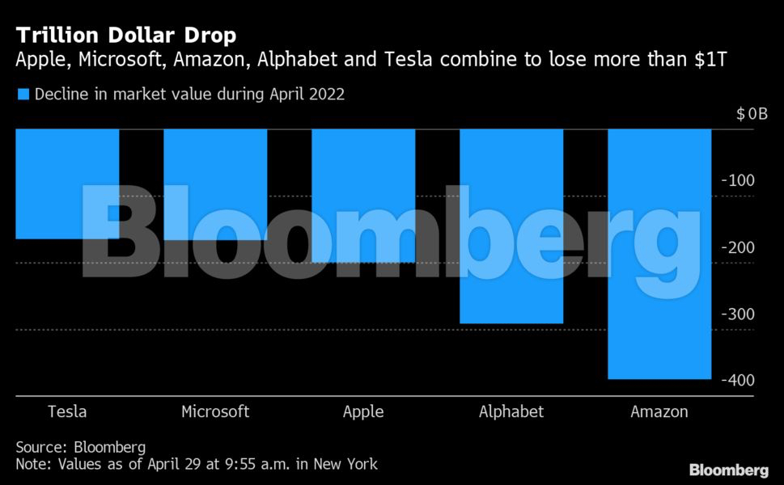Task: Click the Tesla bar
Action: coord(68,184)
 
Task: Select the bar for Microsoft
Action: coord(215,185)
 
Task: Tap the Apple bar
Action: coord(363,196)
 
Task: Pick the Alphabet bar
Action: coord(511,226)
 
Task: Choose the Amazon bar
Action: coord(659,254)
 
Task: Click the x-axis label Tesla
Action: coord(68,411)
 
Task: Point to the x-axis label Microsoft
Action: coord(215,411)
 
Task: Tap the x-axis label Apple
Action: coord(363,412)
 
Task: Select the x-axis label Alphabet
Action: coord(511,411)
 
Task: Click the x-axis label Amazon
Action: coord(659,411)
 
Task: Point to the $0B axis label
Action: coord(752,114)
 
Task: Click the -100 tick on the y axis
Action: coord(737,180)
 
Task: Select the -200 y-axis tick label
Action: coord(737,247)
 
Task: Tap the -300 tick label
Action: coord(737,314)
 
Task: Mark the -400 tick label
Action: coord(737,380)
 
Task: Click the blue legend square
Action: coord(23,95)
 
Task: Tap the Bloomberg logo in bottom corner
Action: coord(728,470)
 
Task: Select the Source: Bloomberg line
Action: coord(81,447)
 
